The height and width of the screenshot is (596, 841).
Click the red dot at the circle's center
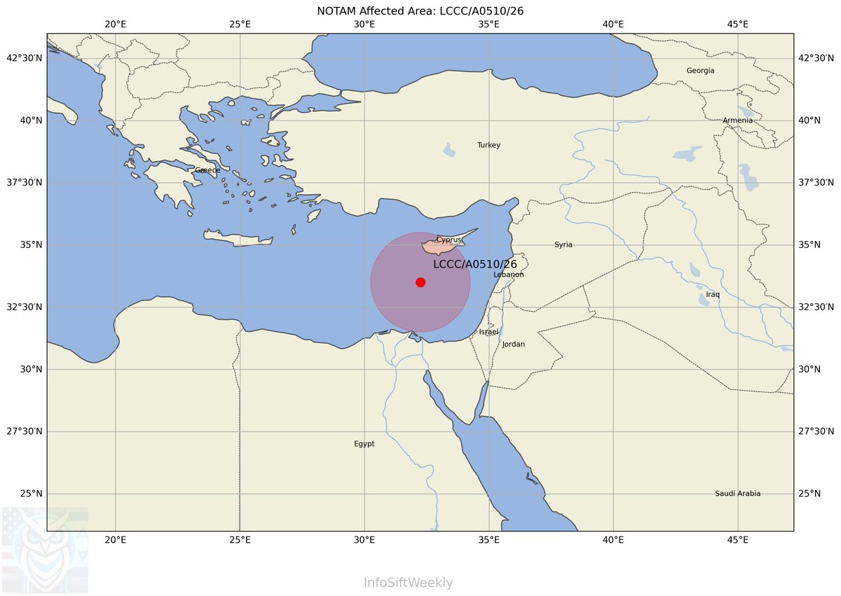(420, 282)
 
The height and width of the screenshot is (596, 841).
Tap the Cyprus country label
(449, 240)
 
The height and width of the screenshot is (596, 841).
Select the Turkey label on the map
(489, 145)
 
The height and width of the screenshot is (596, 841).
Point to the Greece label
(207, 170)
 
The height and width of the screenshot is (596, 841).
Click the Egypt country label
(364, 444)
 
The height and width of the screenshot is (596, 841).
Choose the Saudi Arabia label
(737, 494)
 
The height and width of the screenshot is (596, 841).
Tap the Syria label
(563, 245)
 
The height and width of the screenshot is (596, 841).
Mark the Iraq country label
(713, 295)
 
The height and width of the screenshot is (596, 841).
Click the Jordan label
(514, 345)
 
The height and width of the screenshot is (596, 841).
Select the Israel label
(488, 331)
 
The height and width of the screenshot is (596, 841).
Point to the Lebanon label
(509, 275)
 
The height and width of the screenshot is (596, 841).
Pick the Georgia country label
(700, 71)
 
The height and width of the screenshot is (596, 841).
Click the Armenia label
(738, 120)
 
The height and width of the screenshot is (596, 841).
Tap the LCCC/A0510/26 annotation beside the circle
(475, 264)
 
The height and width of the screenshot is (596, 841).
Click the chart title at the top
(420, 11)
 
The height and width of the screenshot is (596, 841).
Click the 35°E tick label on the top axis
(489, 25)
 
